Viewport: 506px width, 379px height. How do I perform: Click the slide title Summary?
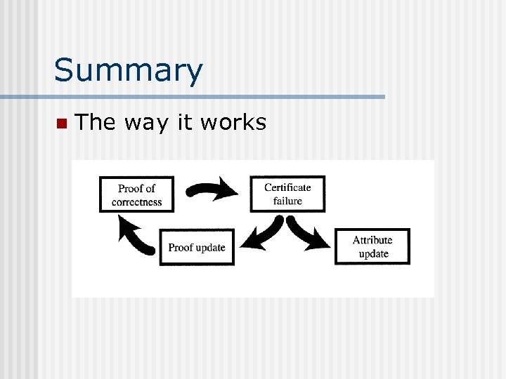point(128,70)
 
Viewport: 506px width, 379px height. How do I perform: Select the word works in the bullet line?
point(233,123)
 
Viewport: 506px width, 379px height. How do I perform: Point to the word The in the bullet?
point(96,123)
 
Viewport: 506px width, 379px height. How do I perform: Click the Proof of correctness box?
point(136,194)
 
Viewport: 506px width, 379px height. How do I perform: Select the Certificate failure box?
point(287,194)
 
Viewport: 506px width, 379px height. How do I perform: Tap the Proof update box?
point(197,247)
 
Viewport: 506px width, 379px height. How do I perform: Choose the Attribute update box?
point(372,246)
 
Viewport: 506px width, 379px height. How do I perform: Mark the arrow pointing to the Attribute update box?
point(310,235)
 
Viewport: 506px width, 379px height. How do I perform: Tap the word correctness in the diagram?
point(136,202)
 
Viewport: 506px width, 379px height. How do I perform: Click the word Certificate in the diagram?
point(287,187)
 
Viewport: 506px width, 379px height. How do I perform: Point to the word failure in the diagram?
point(287,201)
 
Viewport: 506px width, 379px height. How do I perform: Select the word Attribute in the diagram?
point(372,239)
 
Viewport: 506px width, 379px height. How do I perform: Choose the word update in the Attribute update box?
point(373,253)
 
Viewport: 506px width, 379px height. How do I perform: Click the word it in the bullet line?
point(184,123)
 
